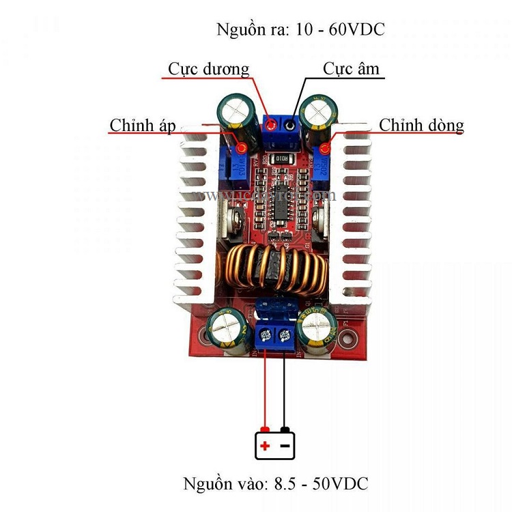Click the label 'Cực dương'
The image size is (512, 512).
(x=209, y=69)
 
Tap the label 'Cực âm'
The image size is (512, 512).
(x=351, y=69)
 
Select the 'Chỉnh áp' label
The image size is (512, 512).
(x=143, y=126)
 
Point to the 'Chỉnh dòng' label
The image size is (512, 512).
(x=421, y=126)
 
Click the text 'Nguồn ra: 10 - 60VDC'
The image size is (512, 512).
(x=300, y=30)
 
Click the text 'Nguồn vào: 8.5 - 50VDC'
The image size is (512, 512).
(x=276, y=484)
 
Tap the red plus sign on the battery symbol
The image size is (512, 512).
(x=264, y=447)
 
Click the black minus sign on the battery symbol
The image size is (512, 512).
(x=285, y=447)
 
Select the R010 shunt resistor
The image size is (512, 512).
(x=283, y=159)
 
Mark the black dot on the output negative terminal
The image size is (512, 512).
(x=291, y=125)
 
